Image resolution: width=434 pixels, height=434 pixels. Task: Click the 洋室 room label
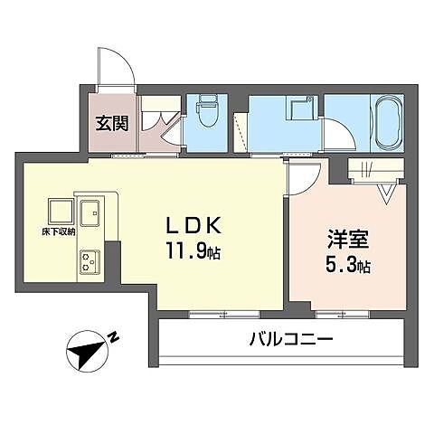coord(347,241)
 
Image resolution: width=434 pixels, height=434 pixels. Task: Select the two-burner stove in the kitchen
coord(90,261)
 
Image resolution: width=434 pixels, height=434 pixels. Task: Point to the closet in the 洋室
coord(373,170)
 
